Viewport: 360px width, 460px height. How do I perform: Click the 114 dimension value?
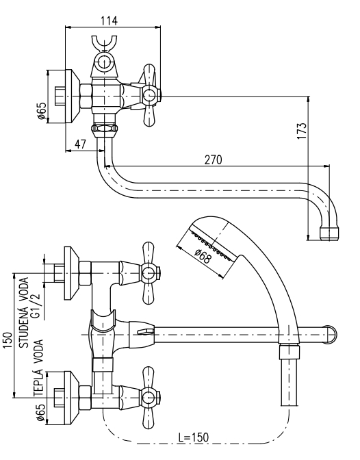tap(109, 21)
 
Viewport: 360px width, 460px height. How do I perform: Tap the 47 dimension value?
tap(80, 144)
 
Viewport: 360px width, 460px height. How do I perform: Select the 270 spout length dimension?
tap(214, 160)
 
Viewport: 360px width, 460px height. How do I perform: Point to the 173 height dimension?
tap(302, 131)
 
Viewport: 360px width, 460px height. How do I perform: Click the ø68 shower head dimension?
tap(203, 256)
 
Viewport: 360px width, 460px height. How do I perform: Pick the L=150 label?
tap(194, 437)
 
